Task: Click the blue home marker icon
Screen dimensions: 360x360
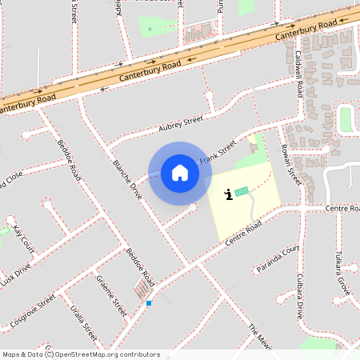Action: tap(180, 173)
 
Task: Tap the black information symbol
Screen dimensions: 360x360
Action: tap(230, 193)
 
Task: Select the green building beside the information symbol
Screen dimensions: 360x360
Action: tap(242, 192)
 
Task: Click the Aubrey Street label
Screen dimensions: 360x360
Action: tap(182, 122)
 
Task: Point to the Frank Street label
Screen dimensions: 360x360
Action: tap(218, 152)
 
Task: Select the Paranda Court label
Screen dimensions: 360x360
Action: tap(278, 258)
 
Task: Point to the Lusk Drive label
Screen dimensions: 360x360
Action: tap(15, 273)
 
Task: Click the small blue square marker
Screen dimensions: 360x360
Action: tap(149, 302)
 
